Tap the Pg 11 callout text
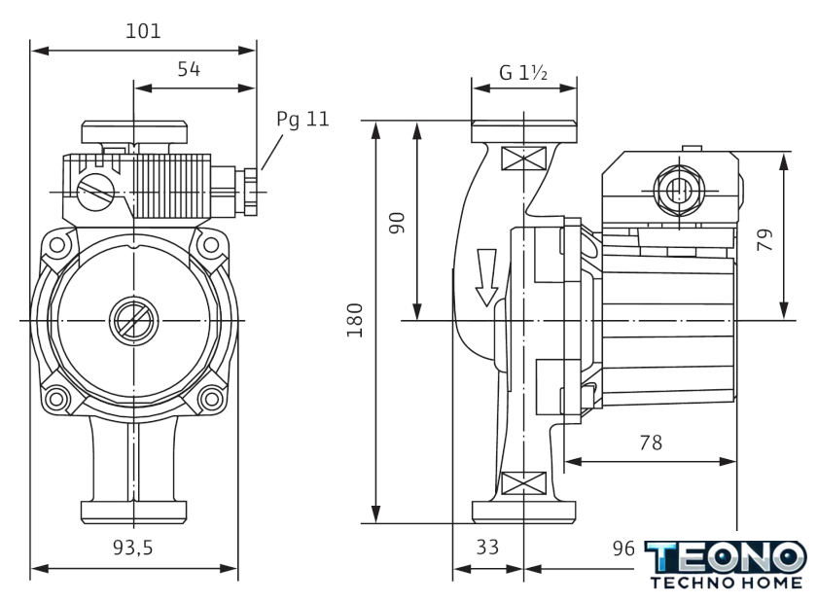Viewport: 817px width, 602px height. point(302,120)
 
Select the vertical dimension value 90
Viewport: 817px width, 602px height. point(397,221)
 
